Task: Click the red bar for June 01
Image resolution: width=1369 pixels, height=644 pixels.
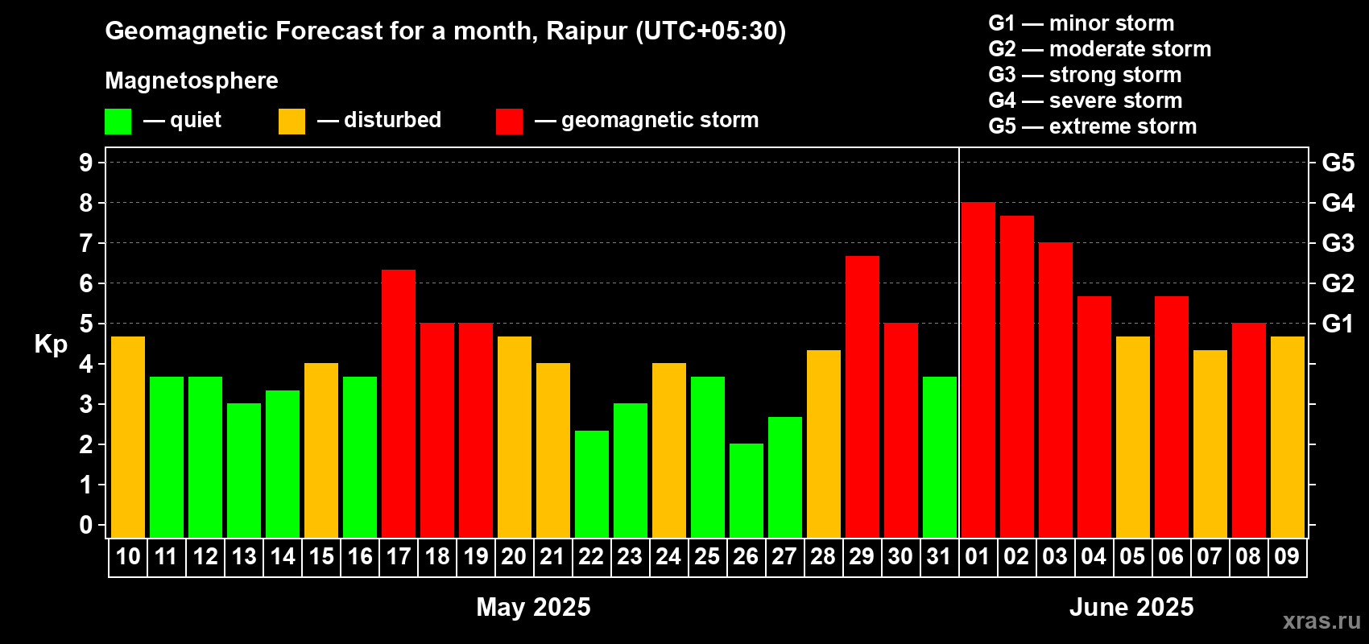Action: pyautogui.click(x=978, y=369)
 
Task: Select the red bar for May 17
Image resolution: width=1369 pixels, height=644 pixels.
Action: pyautogui.click(x=399, y=404)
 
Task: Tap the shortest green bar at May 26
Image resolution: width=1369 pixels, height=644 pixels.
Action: pyautogui.click(x=747, y=490)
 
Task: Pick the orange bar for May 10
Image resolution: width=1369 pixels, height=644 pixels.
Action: pyautogui.click(x=128, y=437)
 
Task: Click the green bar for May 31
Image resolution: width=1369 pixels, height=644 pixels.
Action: pyautogui.click(x=939, y=457)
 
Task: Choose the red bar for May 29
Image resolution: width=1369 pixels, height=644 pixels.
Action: pyautogui.click(x=862, y=397)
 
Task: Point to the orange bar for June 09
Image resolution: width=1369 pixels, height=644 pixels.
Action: pyautogui.click(x=1287, y=437)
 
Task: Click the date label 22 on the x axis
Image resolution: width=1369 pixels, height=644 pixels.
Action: pyautogui.click(x=591, y=556)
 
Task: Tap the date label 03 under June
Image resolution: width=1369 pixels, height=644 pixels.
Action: pyautogui.click(x=1055, y=556)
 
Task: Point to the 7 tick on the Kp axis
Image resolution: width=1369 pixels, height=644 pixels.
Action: pyautogui.click(x=85, y=243)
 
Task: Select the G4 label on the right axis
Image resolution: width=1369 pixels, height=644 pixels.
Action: pyautogui.click(x=1338, y=203)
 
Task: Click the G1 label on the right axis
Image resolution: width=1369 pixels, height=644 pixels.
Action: pyautogui.click(x=1338, y=324)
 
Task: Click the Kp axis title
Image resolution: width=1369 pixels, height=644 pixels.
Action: pyautogui.click(x=51, y=345)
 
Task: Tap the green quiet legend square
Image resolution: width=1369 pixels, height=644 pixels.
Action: pyautogui.click(x=118, y=121)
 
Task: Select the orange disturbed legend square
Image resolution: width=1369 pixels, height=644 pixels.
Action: pyautogui.click(x=292, y=121)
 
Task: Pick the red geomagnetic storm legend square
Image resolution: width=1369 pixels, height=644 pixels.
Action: pyautogui.click(x=509, y=121)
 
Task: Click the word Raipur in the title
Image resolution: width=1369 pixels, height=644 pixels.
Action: pyautogui.click(x=586, y=31)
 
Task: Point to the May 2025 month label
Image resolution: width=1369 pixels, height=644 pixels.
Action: pyautogui.click(x=534, y=607)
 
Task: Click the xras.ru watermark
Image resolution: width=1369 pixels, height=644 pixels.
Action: pyautogui.click(x=1321, y=621)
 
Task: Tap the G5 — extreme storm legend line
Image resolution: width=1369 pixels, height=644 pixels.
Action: pyautogui.click(x=1092, y=126)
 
